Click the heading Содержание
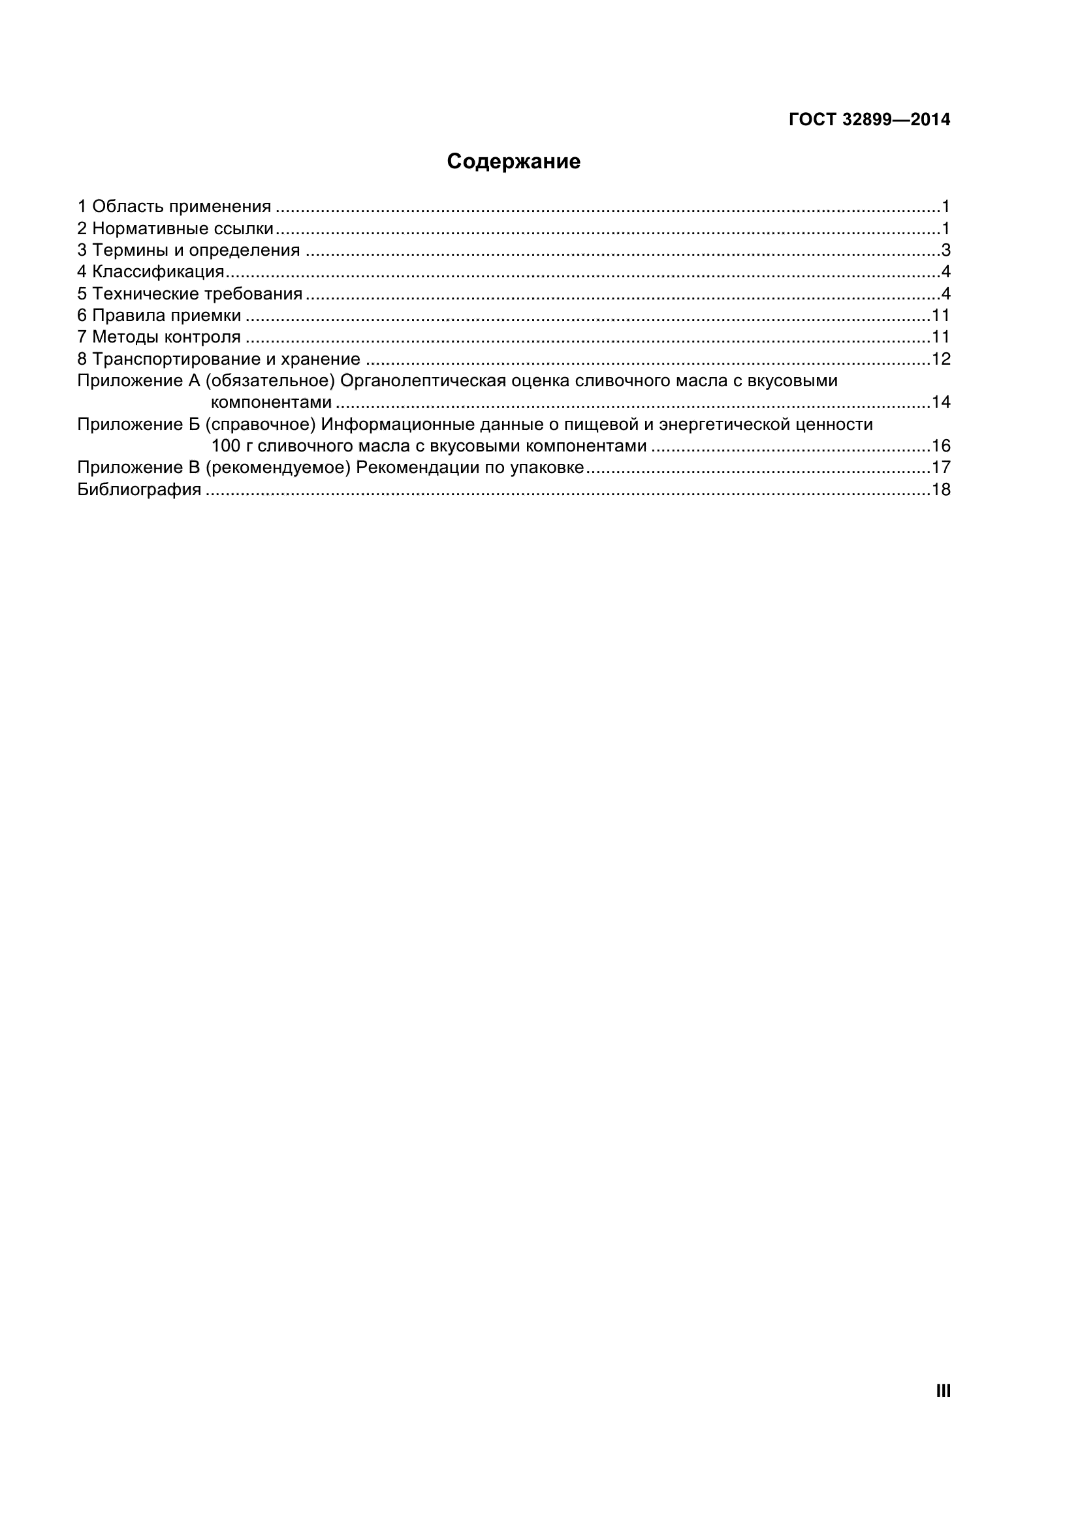513,162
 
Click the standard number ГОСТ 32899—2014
869,119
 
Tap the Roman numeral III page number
943,1391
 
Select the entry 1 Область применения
174,207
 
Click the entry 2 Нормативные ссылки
176,228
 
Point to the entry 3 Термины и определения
189,251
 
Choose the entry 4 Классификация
151,272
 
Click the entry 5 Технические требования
190,294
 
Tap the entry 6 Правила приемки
159,315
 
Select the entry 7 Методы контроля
159,337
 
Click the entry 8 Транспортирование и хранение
219,359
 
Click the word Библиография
139,490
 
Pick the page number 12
941,359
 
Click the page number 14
941,402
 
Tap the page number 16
941,446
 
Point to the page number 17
941,467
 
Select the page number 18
941,490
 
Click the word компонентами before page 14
272,402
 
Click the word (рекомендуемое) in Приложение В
278,468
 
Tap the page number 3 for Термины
945,251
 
